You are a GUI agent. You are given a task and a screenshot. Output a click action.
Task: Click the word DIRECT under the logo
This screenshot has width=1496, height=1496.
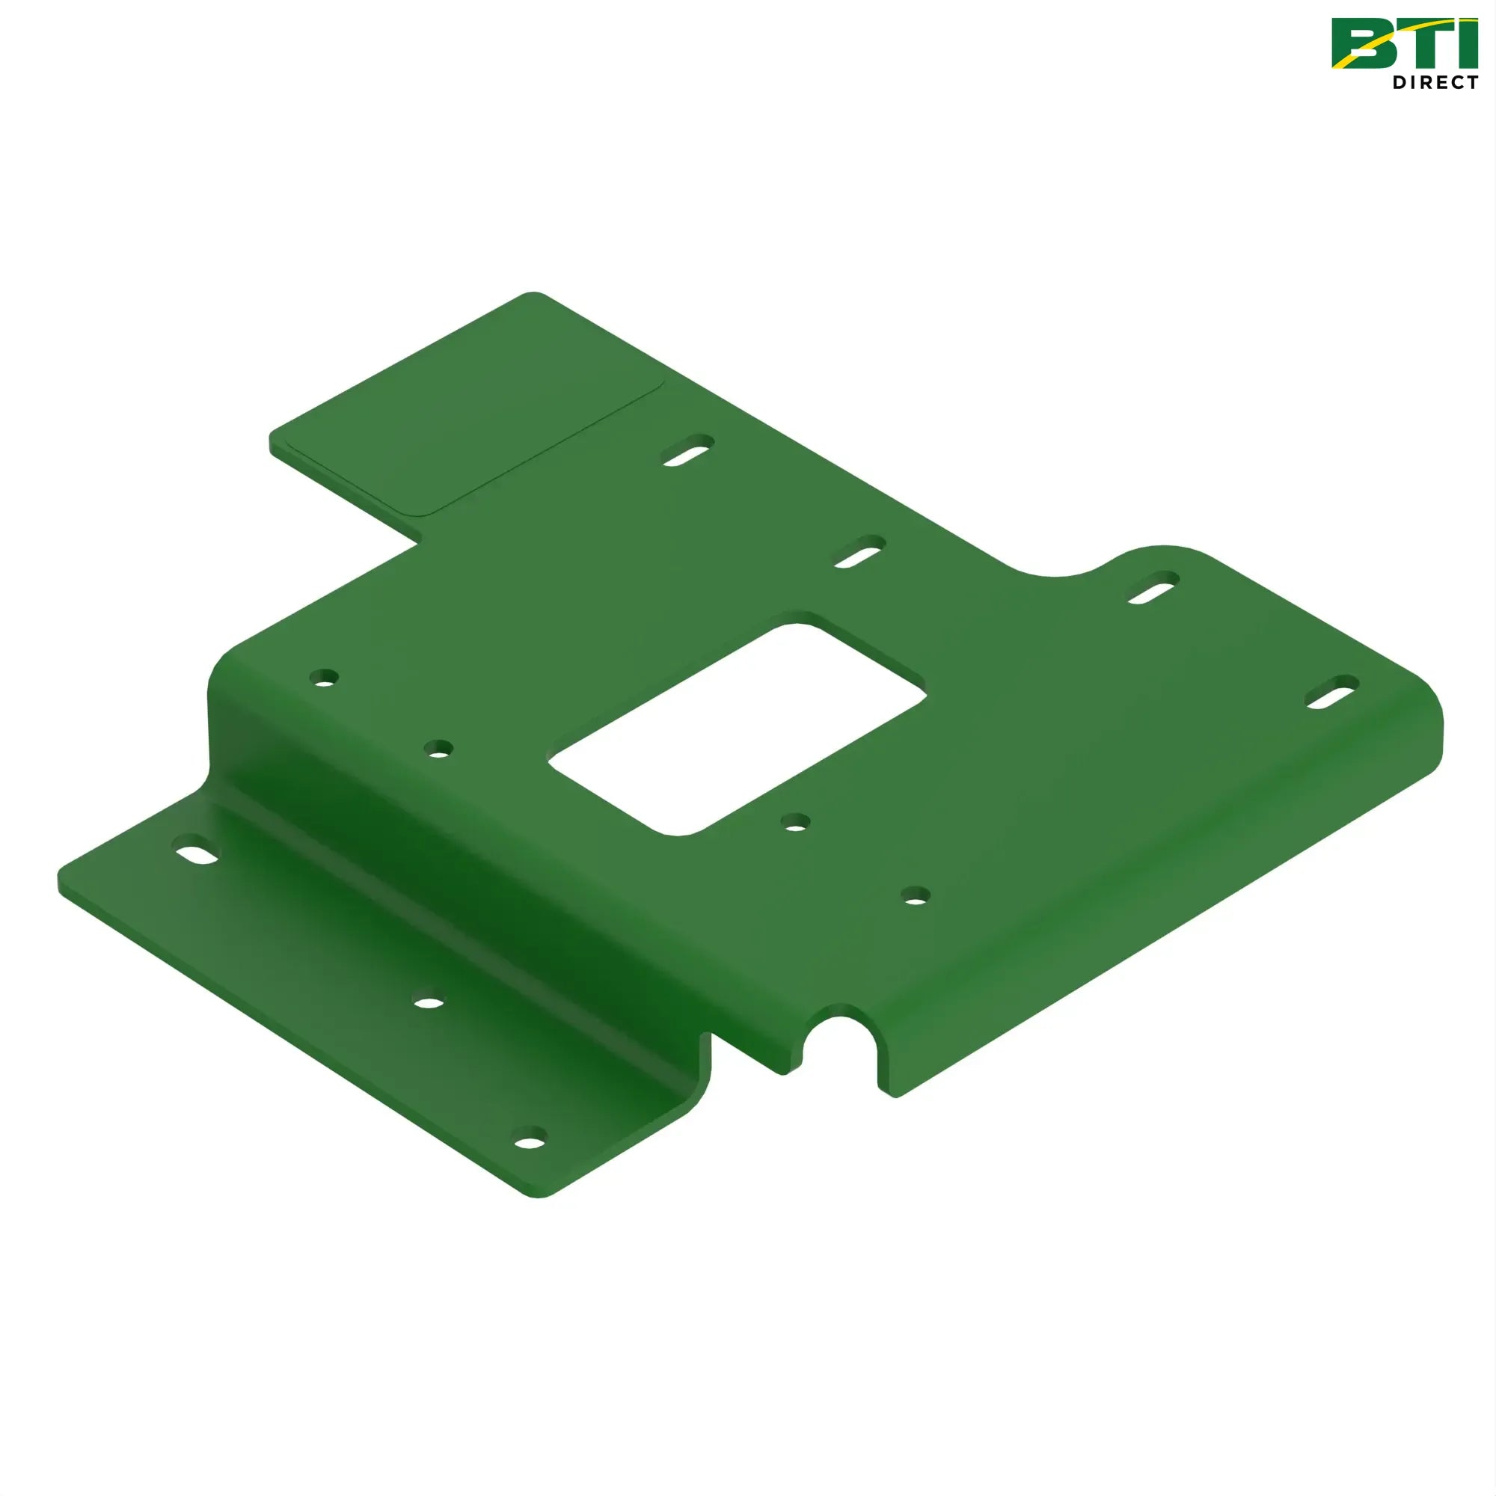tap(1435, 82)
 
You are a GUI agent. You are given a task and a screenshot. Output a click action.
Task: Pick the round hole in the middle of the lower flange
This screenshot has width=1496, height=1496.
tap(429, 1003)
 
